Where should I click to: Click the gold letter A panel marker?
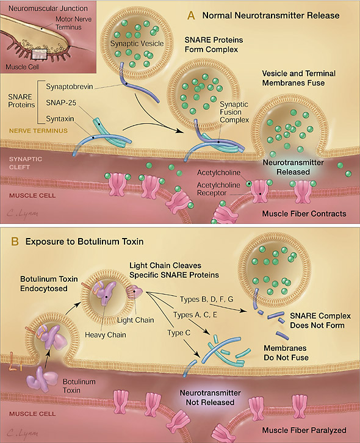tap(191, 15)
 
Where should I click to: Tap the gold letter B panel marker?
tap(15, 242)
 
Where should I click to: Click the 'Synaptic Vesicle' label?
tap(137, 43)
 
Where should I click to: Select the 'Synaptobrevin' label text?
tap(69, 87)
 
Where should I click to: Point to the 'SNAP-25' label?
tap(61, 103)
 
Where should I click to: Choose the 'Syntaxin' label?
tap(60, 118)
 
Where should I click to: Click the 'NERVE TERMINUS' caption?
tap(38, 131)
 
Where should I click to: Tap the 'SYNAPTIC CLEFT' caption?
tap(26, 163)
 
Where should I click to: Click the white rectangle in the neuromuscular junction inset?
tap(39, 54)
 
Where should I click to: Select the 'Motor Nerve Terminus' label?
tap(73, 23)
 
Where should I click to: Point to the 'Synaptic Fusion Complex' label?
tap(234, 112)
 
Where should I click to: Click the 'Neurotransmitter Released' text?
tap(293, 167)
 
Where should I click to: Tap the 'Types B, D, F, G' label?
tap(207, 299)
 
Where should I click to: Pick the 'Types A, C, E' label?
tap(195, 315)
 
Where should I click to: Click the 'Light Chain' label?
tap(135, 320)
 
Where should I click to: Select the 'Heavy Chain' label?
tap(106, 335)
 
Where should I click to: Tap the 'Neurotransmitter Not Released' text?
tap(211, 397)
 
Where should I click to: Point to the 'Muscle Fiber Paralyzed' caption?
tap(304, 430)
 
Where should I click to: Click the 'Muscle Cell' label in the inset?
tap(23, 67)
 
